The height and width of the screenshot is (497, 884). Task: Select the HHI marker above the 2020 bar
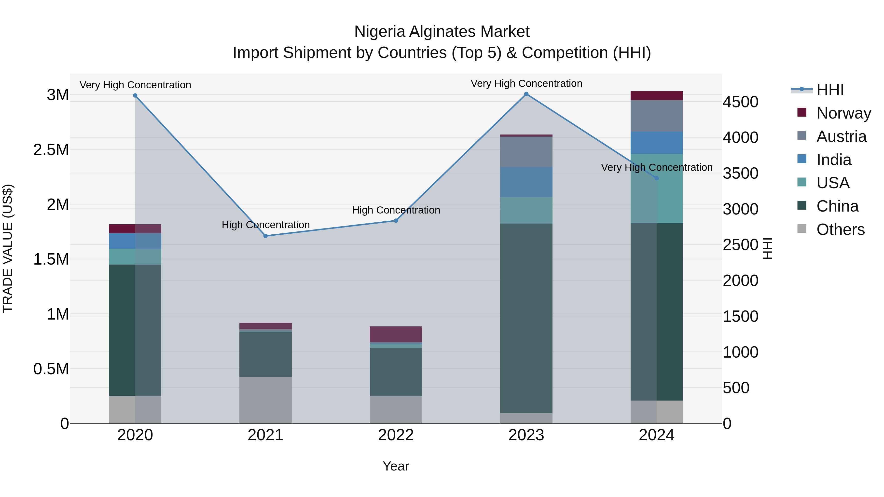tap(135, 96)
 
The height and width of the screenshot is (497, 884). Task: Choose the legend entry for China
tap(837, 206)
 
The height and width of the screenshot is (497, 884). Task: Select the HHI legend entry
tap(829, 90)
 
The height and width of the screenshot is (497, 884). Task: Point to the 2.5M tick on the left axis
tap(51, 150)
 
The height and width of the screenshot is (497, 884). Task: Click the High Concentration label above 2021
tap(266, 225)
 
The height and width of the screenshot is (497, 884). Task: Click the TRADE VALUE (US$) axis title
tap(8, 248)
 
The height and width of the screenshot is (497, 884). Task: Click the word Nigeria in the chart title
tap(380, 32)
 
